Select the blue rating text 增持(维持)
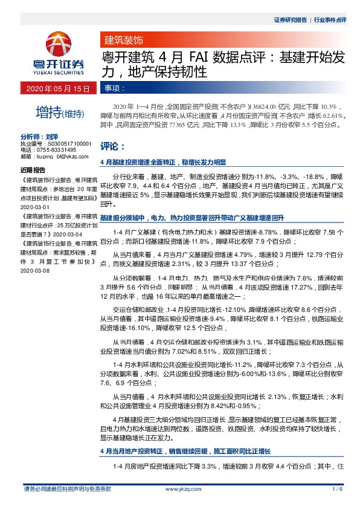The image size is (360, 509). pos(57,112)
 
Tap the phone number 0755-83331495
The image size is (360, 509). pos(54,149)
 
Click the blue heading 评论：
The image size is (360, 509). pos(112,146)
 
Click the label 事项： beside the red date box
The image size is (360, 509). pos(111,88)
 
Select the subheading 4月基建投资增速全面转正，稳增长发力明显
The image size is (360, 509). pos(162,162)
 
